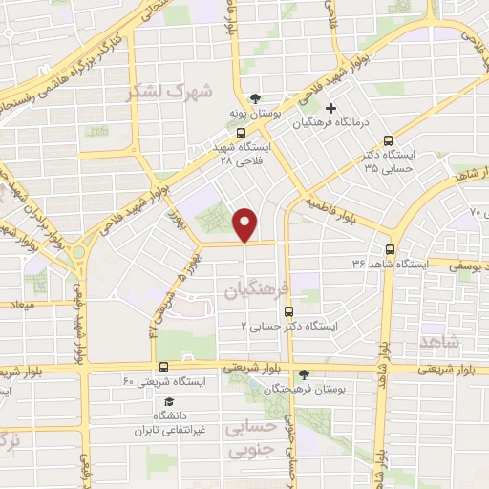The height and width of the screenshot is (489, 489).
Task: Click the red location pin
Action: [245, 223]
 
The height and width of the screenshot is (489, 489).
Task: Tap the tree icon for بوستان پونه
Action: [254, 98]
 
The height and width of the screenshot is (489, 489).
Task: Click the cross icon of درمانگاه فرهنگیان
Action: [330, 108]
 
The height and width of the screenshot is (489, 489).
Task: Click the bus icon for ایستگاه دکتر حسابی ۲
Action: [290, 310]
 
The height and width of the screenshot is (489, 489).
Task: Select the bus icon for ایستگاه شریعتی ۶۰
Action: [163, 367]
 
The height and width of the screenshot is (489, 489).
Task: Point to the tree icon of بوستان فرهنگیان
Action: [304, 374]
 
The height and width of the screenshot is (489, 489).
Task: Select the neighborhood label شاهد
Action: [439, 341]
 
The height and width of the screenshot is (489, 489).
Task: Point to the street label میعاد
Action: [22, 306]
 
